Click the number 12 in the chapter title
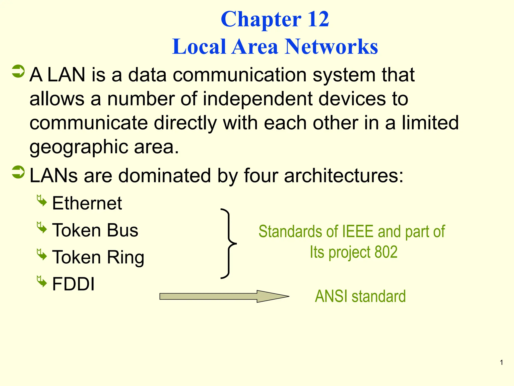coord(318,19)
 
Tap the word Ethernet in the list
coord(87,203)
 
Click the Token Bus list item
coord(95,230)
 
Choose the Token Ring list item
coord(98,257)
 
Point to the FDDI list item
coord(73,284)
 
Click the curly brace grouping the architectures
coord(228,243)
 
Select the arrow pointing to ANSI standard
coord(224,297)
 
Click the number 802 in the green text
coord(386,252)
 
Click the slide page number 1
coord(501,362)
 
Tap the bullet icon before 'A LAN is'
coord(18,71)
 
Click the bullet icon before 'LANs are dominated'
coord(18,172)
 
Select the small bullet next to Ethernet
coord(42,200)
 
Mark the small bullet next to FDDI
coord(42,281)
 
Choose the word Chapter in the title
coord(261,19)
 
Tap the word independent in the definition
coord(258,99)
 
